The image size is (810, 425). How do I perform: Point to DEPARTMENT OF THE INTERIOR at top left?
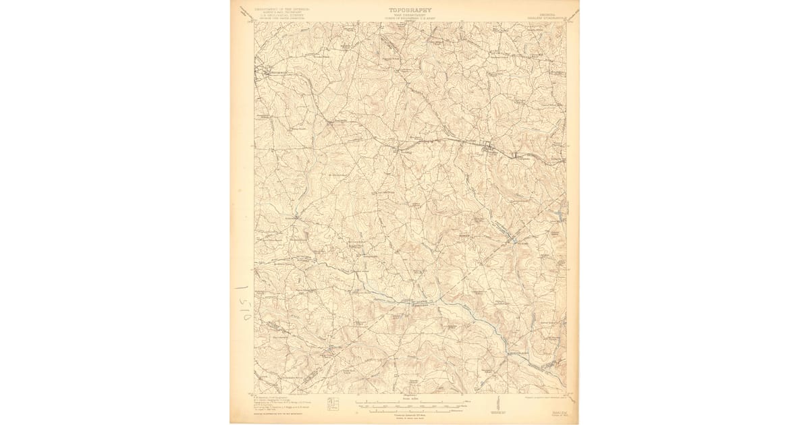(283, 9)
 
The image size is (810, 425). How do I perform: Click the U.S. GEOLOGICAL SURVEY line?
(283, 16)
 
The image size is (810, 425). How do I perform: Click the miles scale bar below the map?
(410, 402)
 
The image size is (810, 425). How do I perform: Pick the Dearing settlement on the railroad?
(396, 150)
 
